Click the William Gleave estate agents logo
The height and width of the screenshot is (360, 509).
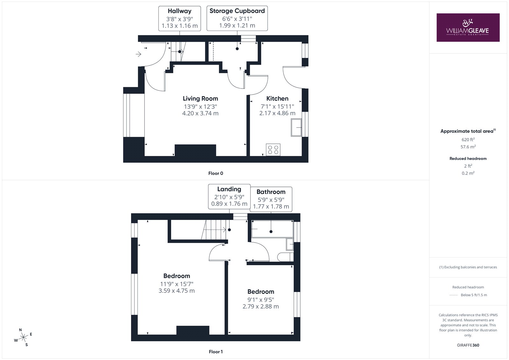(x=468, y=27)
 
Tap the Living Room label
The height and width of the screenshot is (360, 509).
(x=200, y=98)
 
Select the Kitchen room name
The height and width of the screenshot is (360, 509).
(x=277, y=98)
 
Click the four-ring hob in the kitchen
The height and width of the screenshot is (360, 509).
(x=273, y=150)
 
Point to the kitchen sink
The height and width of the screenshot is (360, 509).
(x=296, y=127)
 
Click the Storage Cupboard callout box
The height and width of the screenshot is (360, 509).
(x=237, y=18)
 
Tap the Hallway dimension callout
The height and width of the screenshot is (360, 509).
(x=179, y=18)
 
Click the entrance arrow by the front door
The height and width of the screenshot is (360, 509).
(x=138, y=54)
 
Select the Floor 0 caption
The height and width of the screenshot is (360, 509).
(x=216, y=173)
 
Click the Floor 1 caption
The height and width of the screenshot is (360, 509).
(x=216, y=352)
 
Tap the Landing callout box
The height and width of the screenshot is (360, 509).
(x=229, y=196)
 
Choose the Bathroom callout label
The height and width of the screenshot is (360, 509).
(x=271, y=199)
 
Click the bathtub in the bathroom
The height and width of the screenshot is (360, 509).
(x=272, y=229)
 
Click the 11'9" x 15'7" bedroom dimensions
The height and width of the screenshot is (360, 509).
(x=177, y=284)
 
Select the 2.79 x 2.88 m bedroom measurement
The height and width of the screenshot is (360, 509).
(x=261, y=306)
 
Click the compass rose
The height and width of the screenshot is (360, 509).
(x=23, y=337)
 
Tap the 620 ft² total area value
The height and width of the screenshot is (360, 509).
(x=468, y=139)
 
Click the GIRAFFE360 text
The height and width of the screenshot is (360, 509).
(x=468, y=345)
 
